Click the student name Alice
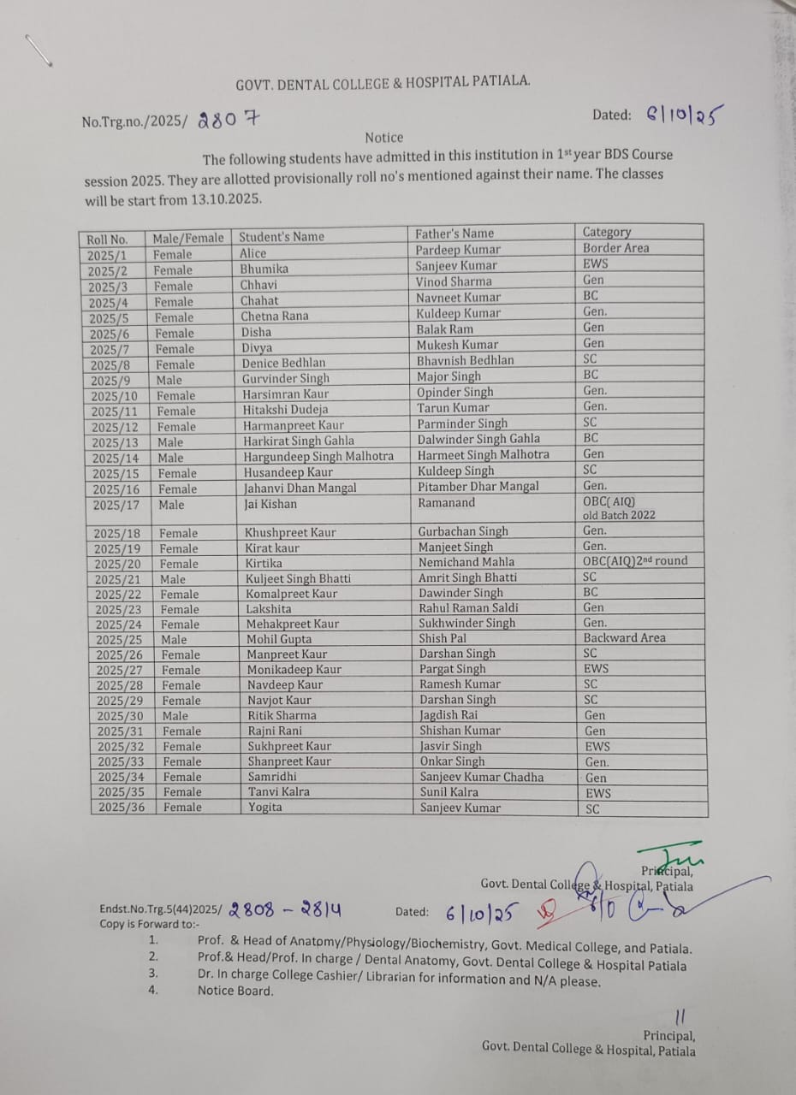pyautogui.click(x=253, y=253)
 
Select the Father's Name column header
pyautogui.click(x=454, y=234)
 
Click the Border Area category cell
pyautogui.click(x=615, y=248)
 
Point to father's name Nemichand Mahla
pyautogui.click(x=466, y=562)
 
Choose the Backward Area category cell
pyautogui.click(x=624, y=638)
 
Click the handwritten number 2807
pyautogui.click(x=228, y=120)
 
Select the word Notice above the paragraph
pyautogui.click(x=383, y=138)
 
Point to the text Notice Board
pyautogui.click(x=235, y=991)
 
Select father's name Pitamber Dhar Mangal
pyautogui.click(x=478, y=487)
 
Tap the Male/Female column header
pyautogui.click(x=187, y=239)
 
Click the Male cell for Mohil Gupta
pyautogui.click(x=174, y=639)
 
